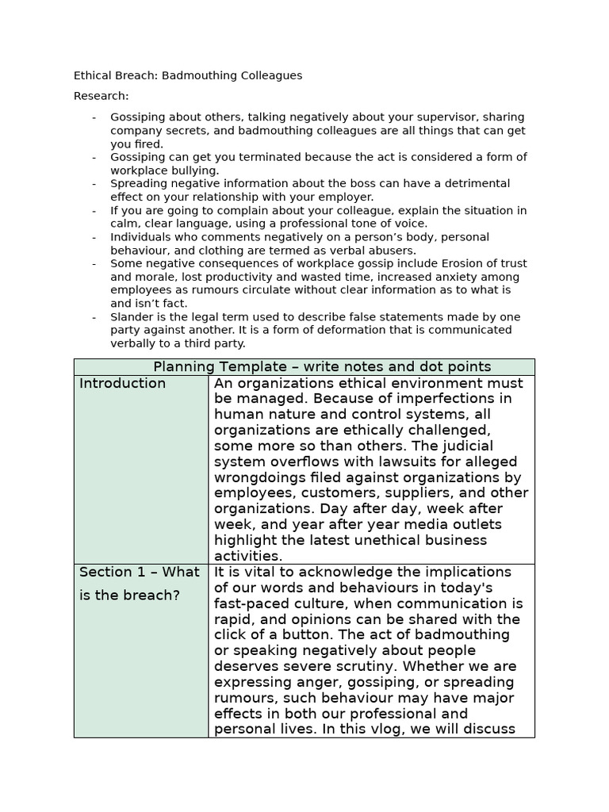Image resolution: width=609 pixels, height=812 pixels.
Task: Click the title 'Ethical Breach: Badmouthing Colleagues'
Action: click(188, 75)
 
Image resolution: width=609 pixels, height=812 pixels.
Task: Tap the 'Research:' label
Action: click(101, 96)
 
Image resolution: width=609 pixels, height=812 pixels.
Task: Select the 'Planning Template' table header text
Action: click(322, 366)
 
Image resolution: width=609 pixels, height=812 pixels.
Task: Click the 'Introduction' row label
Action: click(123, 384)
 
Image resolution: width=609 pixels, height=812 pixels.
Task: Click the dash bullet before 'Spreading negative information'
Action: click(94, 184)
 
